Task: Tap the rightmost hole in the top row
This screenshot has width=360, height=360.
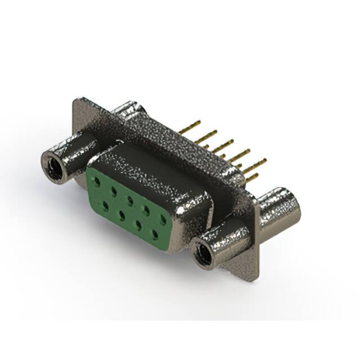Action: [163, 219]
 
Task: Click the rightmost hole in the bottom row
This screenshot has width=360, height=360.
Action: [154, 232]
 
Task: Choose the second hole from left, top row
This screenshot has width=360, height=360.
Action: [114, 191]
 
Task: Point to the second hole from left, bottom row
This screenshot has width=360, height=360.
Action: [121, 214]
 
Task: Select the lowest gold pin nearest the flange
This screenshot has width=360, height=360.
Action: [252, 177]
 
